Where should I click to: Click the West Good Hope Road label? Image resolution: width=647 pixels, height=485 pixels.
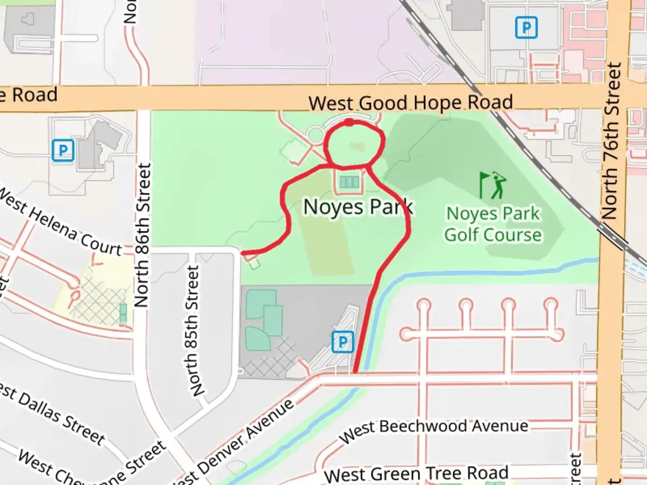411,103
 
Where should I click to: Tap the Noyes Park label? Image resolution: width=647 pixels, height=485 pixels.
358,207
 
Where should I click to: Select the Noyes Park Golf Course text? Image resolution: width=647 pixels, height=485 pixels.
493,225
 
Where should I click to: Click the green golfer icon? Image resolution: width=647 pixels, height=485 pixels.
493,185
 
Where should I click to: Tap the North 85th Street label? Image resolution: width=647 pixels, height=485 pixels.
193,331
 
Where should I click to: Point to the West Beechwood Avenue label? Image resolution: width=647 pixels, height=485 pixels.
434,429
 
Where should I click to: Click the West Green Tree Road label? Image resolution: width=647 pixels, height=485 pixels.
416,473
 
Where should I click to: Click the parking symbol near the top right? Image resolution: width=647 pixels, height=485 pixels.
526,28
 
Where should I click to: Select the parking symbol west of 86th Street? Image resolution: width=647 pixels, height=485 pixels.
63,150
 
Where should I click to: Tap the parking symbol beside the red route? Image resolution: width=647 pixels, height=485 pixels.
343,342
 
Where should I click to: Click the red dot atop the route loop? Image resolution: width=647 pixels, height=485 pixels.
349,122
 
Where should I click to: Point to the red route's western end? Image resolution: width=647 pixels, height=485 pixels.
243,253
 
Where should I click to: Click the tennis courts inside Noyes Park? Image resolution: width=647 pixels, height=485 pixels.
349,182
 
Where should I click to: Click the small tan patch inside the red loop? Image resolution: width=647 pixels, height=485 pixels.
356,146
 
